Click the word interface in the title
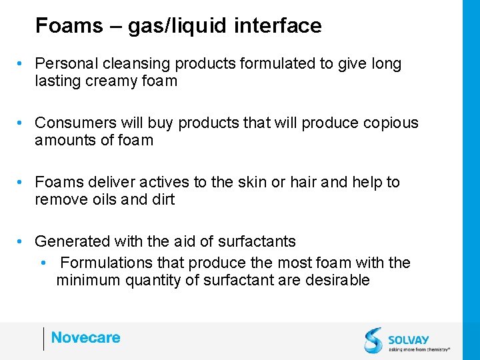[x=278, y=26]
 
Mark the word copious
[x=393, y=123]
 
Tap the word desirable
[x=337, y=280]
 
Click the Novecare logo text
[x=85, y=338]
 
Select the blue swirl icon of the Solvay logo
[x=373, y=339]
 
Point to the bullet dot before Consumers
[x=22, y=123]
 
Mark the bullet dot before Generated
[x=22, y=241]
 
